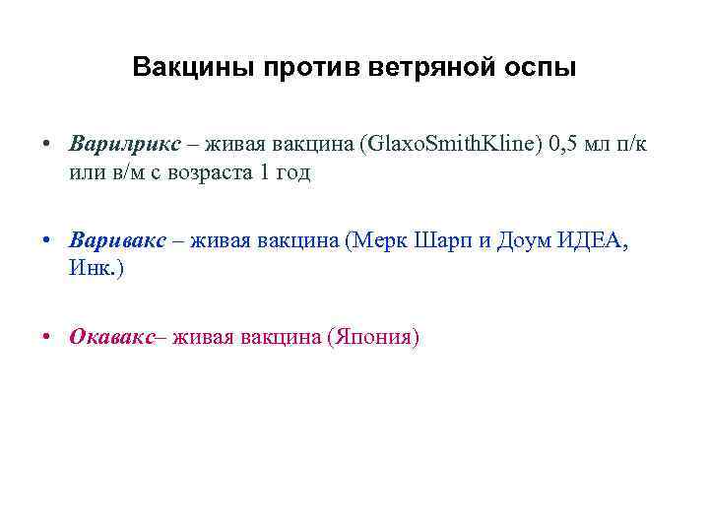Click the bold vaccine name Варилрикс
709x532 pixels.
click(x=125, y=144)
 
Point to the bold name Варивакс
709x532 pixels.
click(x=124, y=240)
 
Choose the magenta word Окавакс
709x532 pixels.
click(x=112, y=337)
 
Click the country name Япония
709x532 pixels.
click(x=373, y=337)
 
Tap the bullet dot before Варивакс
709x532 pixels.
click(x=48, y=240)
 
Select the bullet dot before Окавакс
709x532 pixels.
click(x=48, y=337)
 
